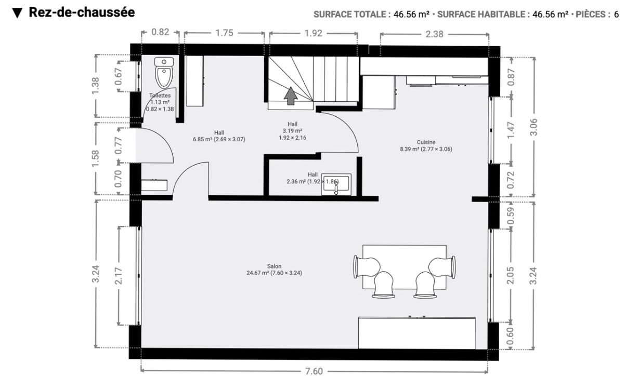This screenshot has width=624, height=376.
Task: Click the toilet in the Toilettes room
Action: (164, 73)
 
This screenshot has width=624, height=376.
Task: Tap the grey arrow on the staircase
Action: (291, 96)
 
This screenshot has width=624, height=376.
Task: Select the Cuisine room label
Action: (426, 145)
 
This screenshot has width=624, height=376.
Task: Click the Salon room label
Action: (274, 270)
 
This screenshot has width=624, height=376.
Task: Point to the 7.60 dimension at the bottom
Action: (314, 371)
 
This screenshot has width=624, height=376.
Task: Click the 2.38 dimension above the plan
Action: (434, 34)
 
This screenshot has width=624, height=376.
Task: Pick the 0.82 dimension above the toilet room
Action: (160, 32)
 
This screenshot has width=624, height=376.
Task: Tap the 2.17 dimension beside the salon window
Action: (119, 276)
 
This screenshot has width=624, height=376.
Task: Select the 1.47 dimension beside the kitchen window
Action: (511, 130)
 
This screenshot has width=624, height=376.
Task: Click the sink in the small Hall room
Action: (336, 184)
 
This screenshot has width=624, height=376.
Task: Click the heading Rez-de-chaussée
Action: (82, 12)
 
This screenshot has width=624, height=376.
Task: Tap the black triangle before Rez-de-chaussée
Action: (17, 13)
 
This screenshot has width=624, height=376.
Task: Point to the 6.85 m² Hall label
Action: (219, 136)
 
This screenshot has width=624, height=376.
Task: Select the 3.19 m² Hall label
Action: (292, 131)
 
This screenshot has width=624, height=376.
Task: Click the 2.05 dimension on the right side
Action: (510, 276)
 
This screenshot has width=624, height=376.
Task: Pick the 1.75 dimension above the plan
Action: (224, 33)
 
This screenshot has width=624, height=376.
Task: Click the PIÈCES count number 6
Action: (616, 14)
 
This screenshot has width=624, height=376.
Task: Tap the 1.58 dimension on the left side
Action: (95, 158)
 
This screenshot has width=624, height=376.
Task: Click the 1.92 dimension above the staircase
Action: (314, 33)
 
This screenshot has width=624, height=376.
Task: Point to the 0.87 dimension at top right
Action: (511, 77)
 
